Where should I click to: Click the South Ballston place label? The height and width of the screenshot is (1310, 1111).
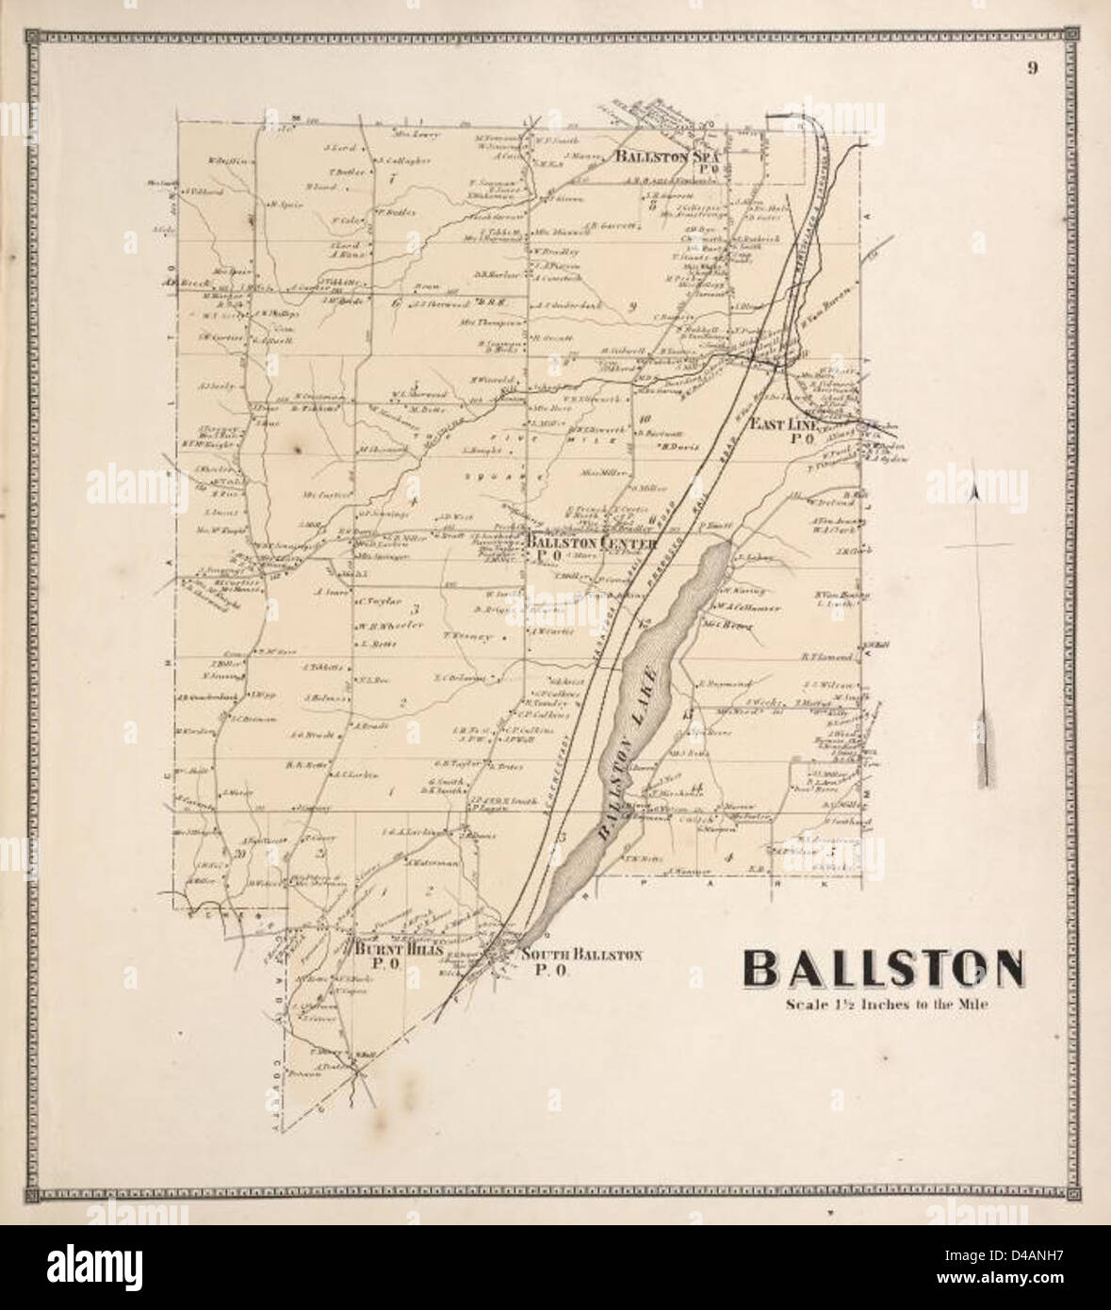tap(580, 956)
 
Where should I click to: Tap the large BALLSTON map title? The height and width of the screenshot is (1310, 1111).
tap(884, 968)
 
